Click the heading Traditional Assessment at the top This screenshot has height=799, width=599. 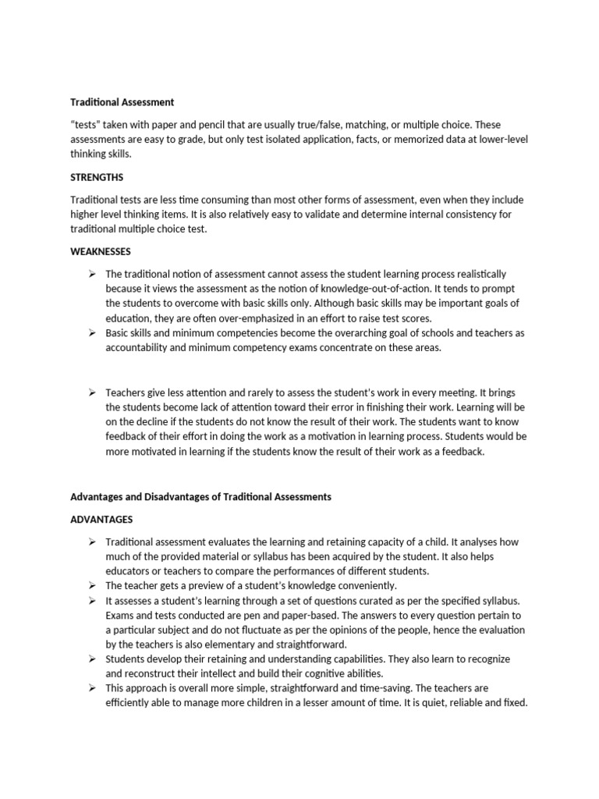[x=122, y=102]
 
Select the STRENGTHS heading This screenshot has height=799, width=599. [x=97, y=177]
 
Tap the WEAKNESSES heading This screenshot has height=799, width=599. [x=101, y=252]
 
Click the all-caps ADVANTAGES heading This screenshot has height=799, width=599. [x=102, y=519]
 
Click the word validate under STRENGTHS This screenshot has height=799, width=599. [x=285, y=215]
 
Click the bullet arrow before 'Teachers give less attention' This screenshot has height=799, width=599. [x=92, y=392]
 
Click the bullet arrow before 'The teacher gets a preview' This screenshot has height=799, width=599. [x=92, y=585]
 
